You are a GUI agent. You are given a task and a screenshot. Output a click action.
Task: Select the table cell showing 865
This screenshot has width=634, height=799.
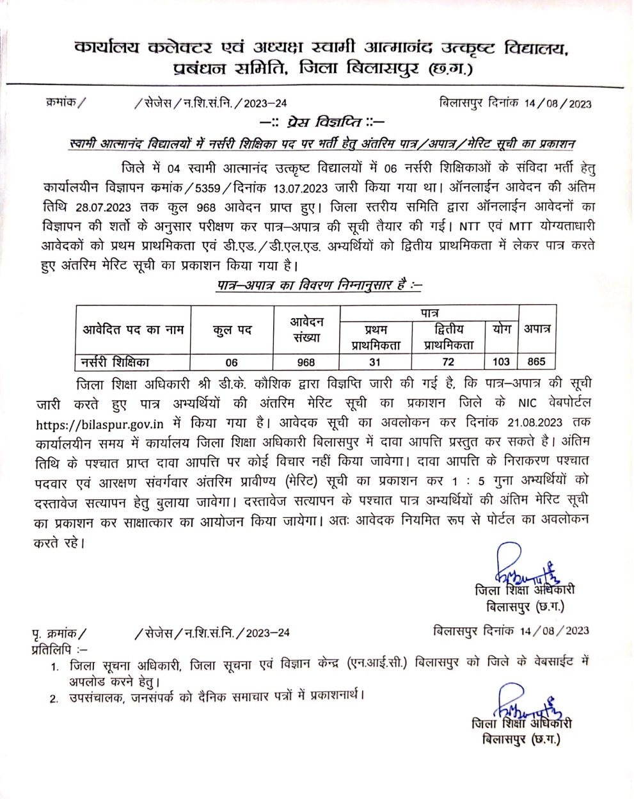(536, 362)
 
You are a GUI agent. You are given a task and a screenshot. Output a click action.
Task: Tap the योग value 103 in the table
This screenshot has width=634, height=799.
(501, 362)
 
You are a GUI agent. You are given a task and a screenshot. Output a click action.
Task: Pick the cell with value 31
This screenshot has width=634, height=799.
(375, 362)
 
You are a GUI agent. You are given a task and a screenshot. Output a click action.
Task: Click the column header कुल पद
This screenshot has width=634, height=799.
(232, 330)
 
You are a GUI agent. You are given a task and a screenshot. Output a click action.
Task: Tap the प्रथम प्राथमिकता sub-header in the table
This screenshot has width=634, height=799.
(376, 337)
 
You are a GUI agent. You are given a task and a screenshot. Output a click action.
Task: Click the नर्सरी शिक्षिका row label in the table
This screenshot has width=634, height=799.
(115, 362)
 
